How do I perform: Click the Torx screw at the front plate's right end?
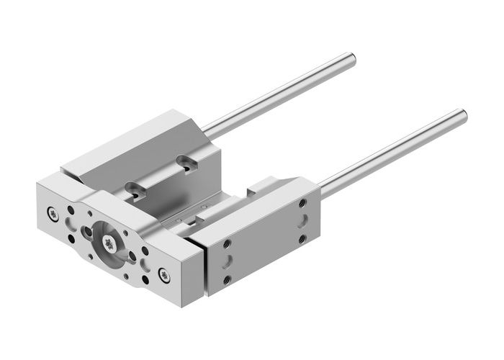[x=163, y=273]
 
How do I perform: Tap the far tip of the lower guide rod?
[x=462, y=113]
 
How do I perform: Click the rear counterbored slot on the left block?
[x=188, y=165]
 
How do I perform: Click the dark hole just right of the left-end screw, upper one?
[x=70, y=212]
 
